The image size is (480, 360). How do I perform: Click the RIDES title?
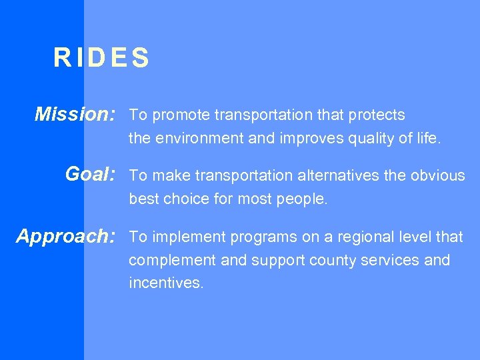(101, 59)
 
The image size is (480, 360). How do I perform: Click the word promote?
(182, 115)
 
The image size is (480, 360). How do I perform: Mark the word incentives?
(166, 283)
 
